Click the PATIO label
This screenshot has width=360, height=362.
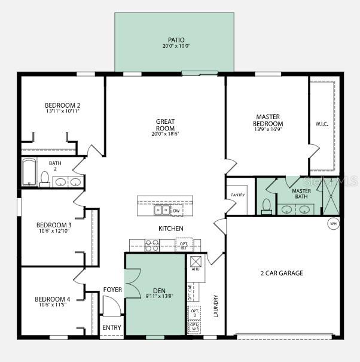(x=176, y=39)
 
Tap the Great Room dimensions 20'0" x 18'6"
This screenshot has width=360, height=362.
(x=165, y=134)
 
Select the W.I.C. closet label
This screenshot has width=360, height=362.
(x=322, y=124)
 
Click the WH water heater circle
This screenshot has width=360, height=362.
(x=332, y=224)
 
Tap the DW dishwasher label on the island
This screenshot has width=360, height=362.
(x=176, y=211)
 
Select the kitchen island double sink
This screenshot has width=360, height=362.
(x=161, y=210)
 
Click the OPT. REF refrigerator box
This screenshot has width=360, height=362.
(x=184, y=245)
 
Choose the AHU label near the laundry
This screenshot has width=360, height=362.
(x=195, y=269)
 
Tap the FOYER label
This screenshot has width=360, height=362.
(x=112, y=290)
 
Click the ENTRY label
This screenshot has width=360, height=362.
(x=111, y=327)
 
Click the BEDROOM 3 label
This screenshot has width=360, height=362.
(x=53, y=225)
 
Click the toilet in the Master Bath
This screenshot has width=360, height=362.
(x=267, y=206)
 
